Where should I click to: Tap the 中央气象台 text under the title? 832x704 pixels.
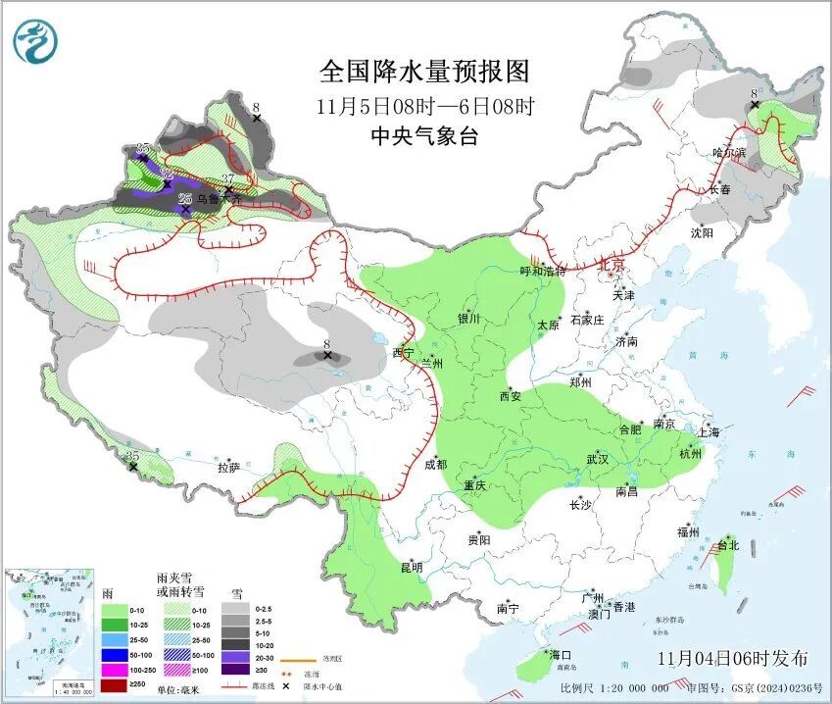click(424, 136)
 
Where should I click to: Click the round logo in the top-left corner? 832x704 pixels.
click(35, 41)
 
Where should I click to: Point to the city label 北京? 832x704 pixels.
click(612, 265)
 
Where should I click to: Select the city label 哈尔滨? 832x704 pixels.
click(729, 153)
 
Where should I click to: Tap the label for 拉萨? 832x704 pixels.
click(228, 468)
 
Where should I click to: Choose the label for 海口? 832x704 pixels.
click(559, 655)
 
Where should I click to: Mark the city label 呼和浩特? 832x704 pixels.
click(543, 272)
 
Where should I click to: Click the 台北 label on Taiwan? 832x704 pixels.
click(727, 545)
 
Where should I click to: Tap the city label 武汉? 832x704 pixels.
click(598, 459)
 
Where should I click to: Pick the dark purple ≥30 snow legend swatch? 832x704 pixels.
click(234, 669)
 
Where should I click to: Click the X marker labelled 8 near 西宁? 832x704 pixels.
click(328, 356)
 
